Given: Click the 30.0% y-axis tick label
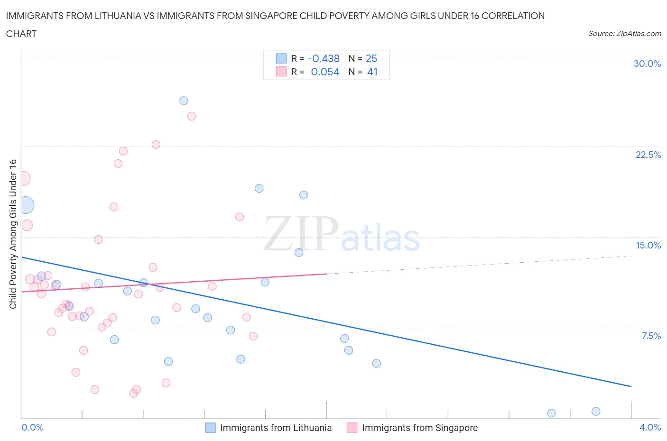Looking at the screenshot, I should point(647,64).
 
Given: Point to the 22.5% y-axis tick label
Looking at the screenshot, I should point(648,155).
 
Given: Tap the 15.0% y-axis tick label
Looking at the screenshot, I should point(648,245).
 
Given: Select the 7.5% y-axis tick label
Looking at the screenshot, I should point(651,336).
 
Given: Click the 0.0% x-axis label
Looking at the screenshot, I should point(32,427).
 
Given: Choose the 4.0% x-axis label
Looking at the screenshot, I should point(650,427).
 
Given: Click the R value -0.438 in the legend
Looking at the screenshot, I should point(324,58).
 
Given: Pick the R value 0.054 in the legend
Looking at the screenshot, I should point(325,72).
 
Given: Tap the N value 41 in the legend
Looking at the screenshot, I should point(372,72).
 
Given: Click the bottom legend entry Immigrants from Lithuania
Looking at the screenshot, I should point(276,428).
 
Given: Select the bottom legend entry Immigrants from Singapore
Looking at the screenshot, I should point(419,428).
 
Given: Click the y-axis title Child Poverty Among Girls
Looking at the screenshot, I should point(13,234).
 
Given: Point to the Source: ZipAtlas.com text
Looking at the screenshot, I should point(624,33).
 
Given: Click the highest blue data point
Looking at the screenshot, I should point(184,101).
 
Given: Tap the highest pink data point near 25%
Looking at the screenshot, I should point(192,116).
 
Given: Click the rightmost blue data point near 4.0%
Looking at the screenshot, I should point(596,411).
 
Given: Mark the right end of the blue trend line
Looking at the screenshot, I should point(631,386).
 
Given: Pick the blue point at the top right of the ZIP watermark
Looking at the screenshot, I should point(304,195).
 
